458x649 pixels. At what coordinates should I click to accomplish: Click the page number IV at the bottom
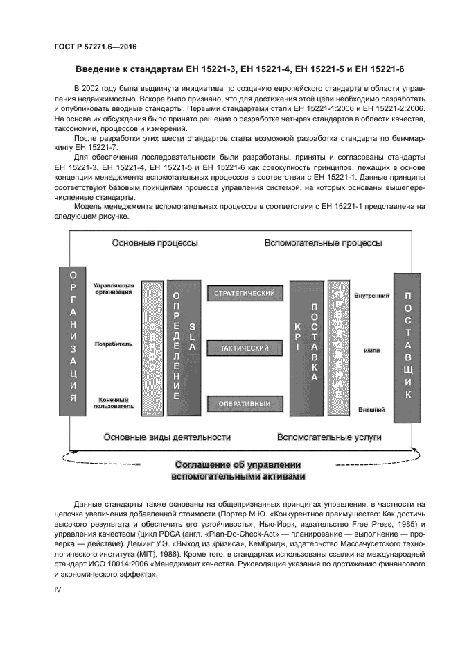click(x=58, y=589)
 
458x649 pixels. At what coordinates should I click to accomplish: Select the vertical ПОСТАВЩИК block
click(x=407, y=347)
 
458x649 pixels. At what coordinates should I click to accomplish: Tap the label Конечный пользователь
click(x=113, y=403)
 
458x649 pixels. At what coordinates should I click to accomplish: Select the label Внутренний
click(x=371, y=296)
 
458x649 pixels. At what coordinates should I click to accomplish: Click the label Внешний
click(x=371, y=410)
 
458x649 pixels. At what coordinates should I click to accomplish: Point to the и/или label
click(x=372, y=351)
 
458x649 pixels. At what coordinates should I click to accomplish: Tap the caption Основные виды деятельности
click(x=166, y=437)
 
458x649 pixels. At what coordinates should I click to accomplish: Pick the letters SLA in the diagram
click(x=193, y=335)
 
